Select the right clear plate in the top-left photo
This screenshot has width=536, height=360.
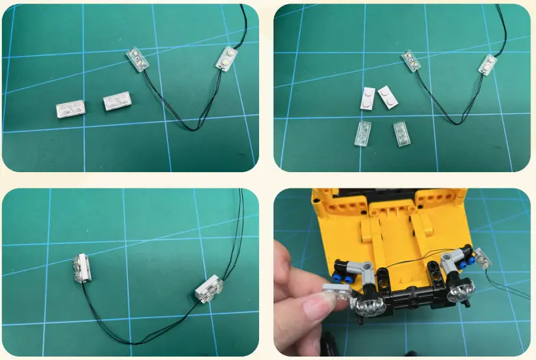tap(118, 102)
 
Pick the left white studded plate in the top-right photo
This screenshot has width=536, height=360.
tap(367, 98)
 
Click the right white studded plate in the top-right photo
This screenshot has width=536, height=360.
tap(388, 96)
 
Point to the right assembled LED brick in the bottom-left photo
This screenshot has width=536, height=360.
tap(209, 290)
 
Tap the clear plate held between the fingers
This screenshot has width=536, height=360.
tap(337, 292)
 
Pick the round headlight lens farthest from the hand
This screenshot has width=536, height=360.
tap(462, 293)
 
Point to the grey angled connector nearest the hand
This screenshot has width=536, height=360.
tap(362, 268)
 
